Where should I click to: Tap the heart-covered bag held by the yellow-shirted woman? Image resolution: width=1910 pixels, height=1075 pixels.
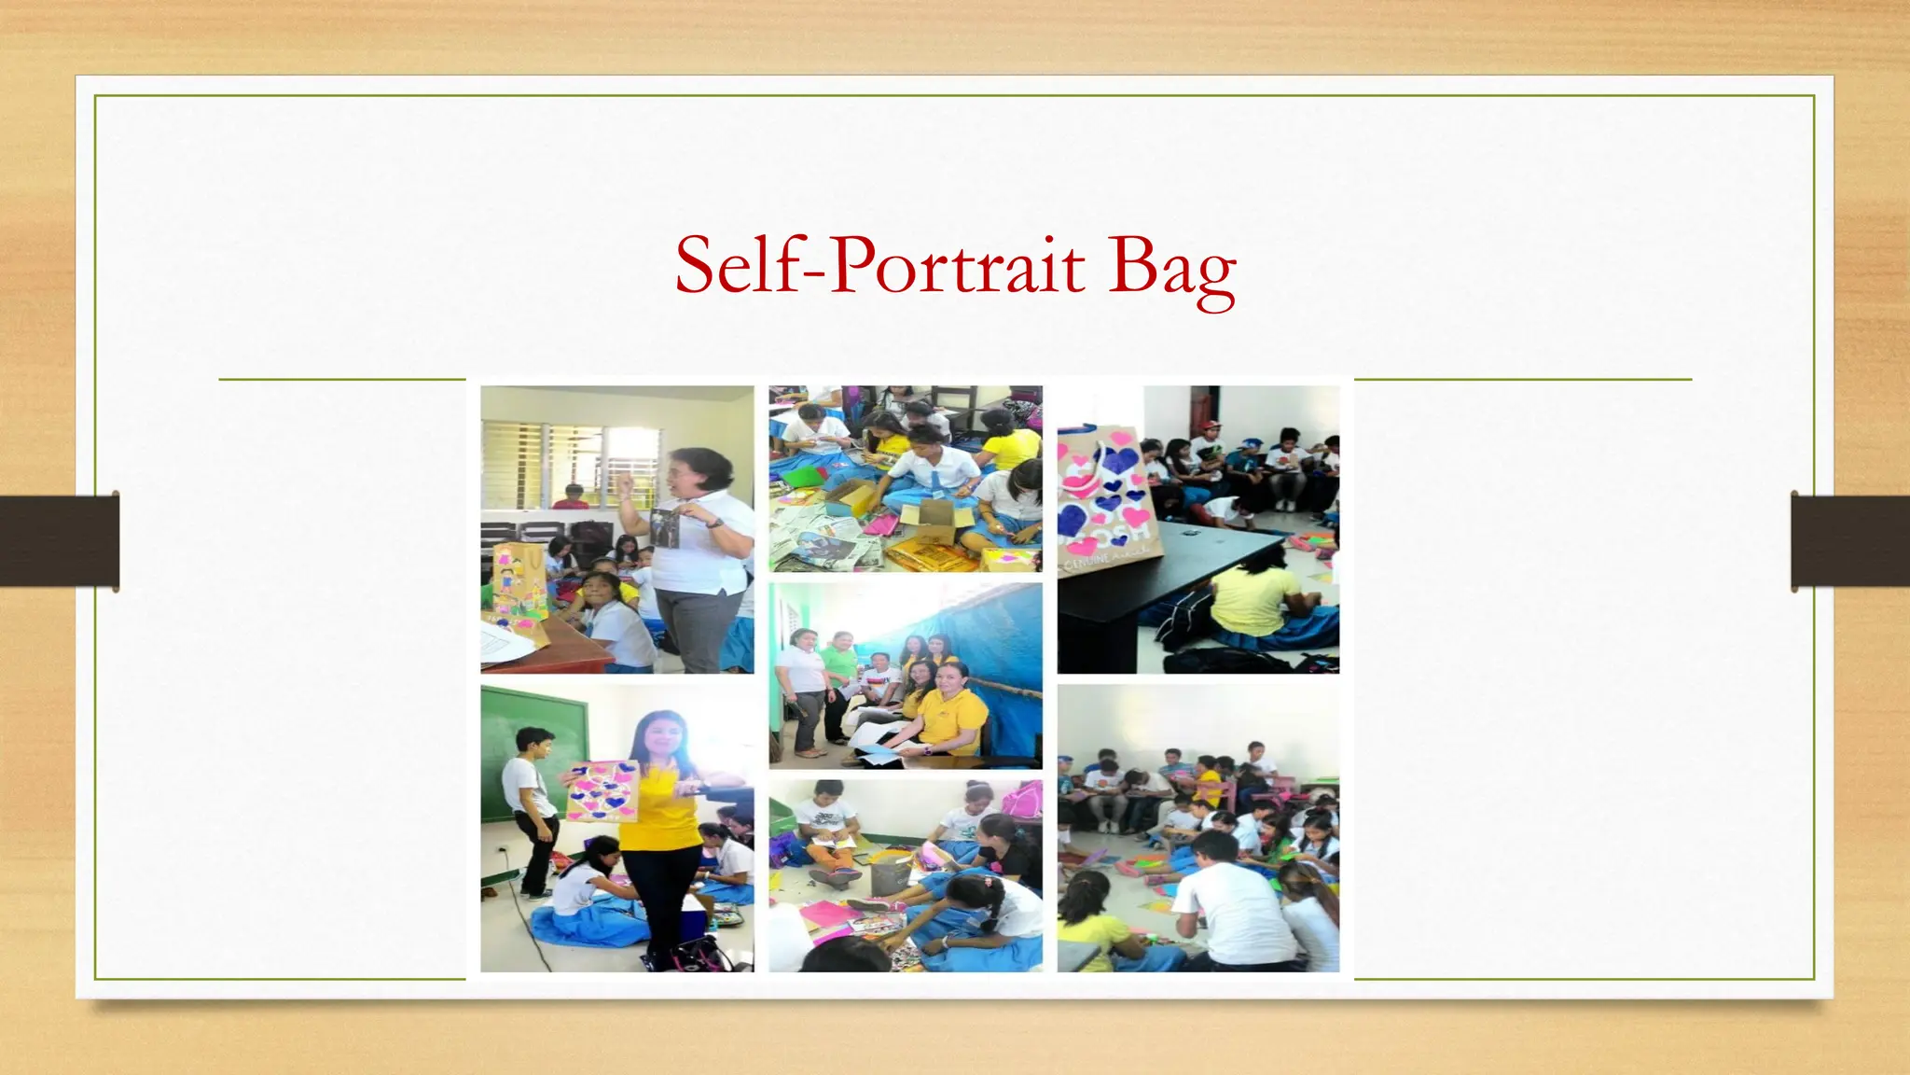(x=602, y=791)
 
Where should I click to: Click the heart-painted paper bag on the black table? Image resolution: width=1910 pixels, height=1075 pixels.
(x=1109, y=499)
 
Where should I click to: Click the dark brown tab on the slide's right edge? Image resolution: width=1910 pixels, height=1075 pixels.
(x=1849, y=542)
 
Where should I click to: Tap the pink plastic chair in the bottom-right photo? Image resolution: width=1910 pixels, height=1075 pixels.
(x=1215, y=793)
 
